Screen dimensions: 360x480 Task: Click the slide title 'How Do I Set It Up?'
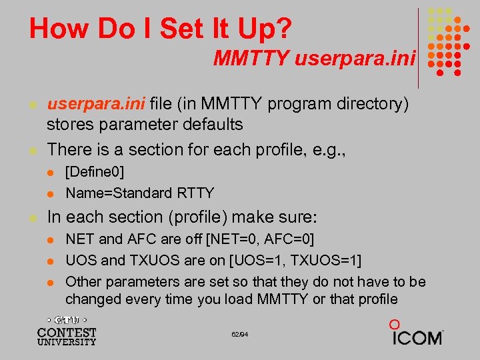pos(160,29)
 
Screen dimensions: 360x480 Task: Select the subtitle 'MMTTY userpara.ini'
pos(314,59)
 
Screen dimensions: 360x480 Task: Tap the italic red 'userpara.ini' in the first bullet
pos(96,104)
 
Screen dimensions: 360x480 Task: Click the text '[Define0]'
pos(95,173)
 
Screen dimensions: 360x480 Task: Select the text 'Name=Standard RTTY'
pos(139,193)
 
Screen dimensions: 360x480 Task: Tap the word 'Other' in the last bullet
pos(84,281)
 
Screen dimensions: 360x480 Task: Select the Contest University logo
pos(67,331)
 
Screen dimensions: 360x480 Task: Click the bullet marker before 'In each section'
pos(31,218)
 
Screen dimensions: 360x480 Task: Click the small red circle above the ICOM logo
pos(394,324)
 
